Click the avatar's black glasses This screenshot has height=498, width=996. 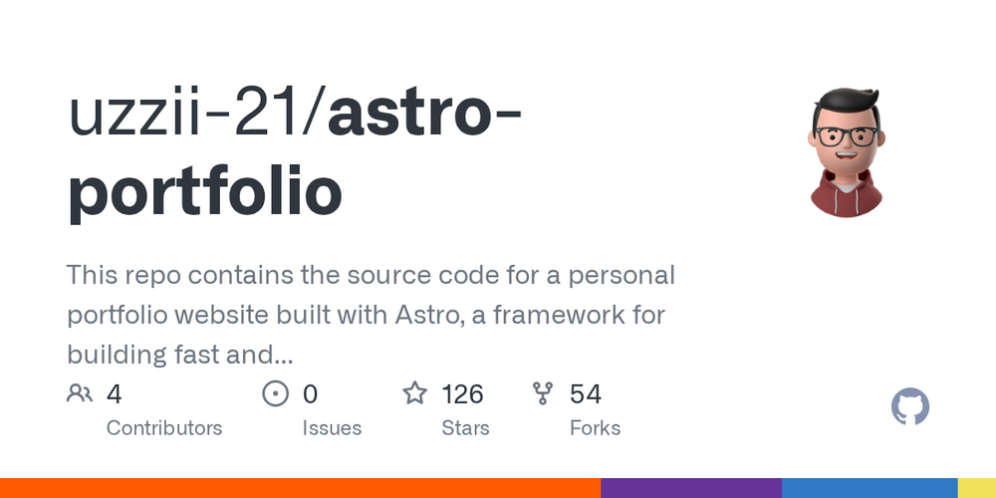point(846,137)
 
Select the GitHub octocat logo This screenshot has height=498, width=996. point(909,407)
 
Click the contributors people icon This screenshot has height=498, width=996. point(80,394)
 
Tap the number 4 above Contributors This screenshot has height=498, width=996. point(114,394)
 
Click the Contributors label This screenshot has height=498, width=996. point(163,428)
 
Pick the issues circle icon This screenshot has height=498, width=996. point(275,394)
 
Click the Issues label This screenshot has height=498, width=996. point(332,428)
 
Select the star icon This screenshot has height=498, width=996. point(414,394)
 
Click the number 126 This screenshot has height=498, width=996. point(462,394)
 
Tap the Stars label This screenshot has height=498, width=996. point(465,428)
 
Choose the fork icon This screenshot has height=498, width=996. point(543,394)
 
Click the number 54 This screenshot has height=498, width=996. point(586,394)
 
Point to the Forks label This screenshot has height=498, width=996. point(595,428)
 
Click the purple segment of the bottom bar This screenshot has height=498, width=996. point(690,488)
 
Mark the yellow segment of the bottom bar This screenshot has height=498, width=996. point(976,488)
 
